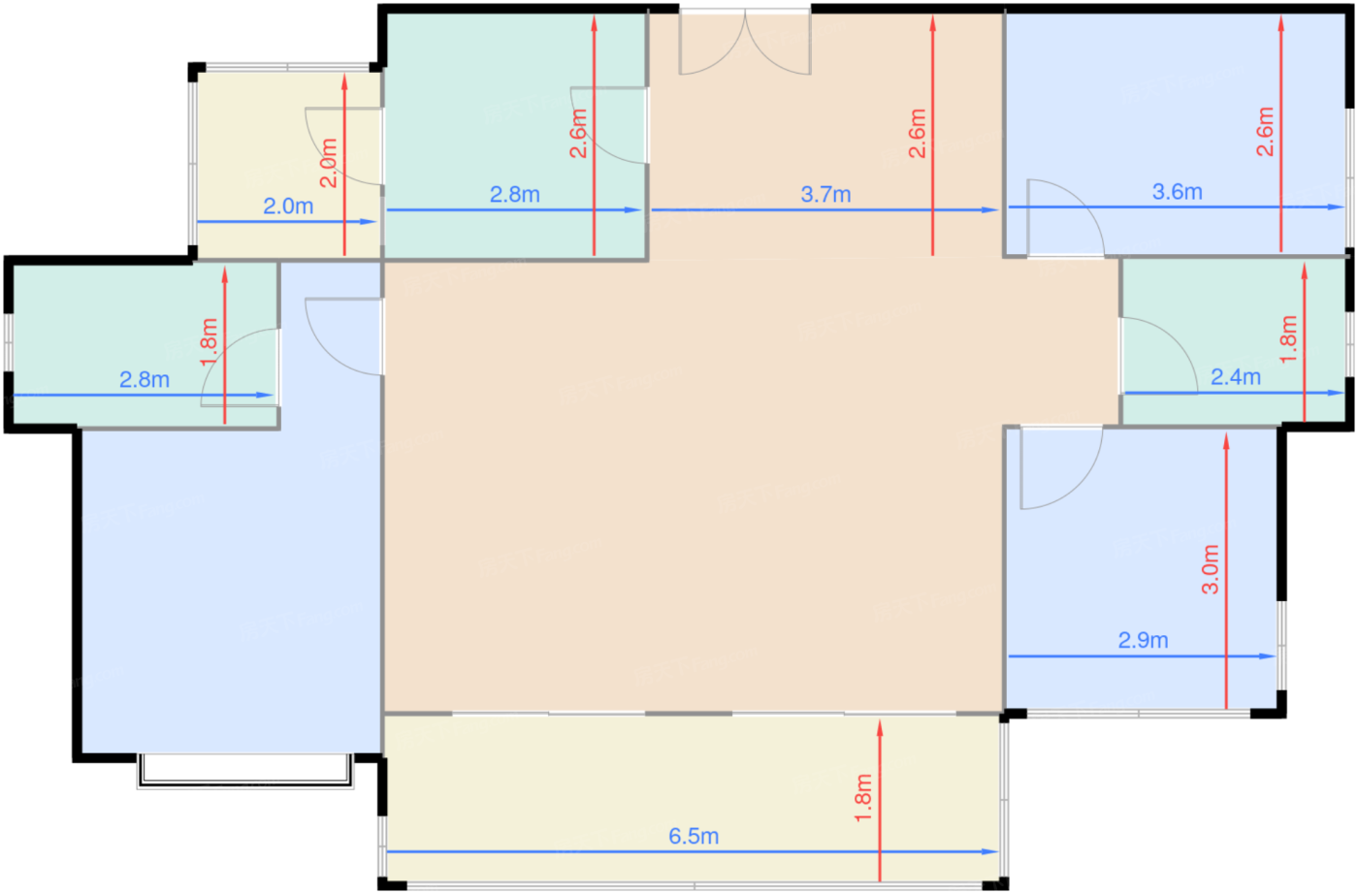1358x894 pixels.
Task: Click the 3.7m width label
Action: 825,195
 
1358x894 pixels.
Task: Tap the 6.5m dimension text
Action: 694,836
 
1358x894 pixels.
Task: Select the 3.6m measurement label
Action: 1177,192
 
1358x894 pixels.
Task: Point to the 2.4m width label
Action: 1235,377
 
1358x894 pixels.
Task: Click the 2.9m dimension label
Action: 1143,640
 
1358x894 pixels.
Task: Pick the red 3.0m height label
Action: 1210,569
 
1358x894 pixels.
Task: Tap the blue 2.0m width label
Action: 288,207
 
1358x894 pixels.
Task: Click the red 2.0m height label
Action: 329,163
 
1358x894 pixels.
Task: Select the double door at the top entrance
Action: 745,44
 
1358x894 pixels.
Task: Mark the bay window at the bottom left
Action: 244,771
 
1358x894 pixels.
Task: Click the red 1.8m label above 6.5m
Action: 863,798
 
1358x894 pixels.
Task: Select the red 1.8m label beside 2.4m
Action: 1288,339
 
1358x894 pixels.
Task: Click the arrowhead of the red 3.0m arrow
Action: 1226,440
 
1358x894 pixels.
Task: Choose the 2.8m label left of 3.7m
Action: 514,195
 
